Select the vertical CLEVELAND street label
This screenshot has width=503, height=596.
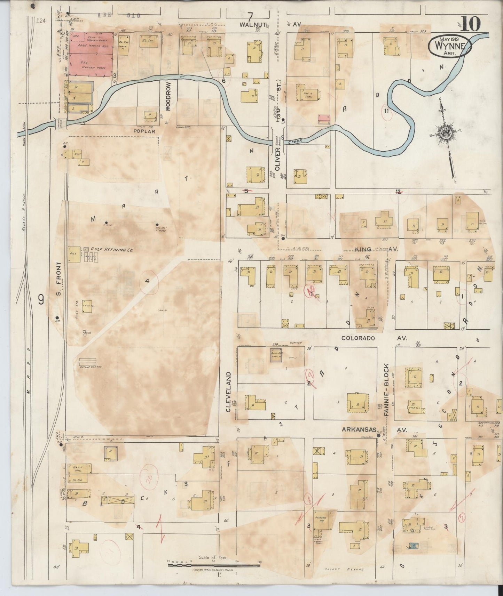click(229, 392)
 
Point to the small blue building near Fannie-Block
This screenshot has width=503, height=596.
click(413, 547)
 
